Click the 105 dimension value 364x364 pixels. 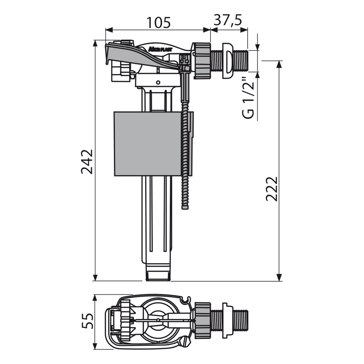point(158,22)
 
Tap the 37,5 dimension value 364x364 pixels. point(228,20)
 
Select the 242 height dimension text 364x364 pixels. point(87,162)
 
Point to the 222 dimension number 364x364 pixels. point(272,189)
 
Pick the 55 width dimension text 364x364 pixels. point(87,321)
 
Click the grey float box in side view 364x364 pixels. point(147,144)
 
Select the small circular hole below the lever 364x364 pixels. point(158,82)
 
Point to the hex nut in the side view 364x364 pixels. point(201,61)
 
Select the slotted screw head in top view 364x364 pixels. point(185,342)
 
